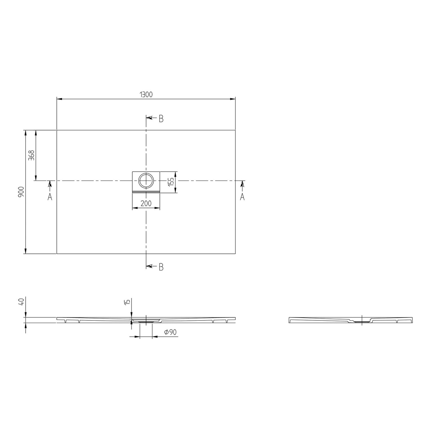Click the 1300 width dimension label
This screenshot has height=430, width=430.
click(x=146, y=94)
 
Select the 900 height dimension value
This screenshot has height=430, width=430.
click(x=21, y=192)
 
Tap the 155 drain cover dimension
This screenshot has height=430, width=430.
click(x=171, y=182)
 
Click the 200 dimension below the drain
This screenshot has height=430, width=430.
click(x=146, y=203)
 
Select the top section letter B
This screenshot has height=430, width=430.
click(x=161, y=119)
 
